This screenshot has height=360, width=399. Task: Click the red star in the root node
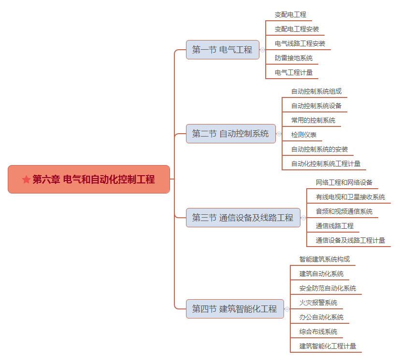point(26,179)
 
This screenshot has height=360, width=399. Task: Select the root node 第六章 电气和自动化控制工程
point(89,179)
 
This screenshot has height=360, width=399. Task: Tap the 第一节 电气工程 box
point(223,50)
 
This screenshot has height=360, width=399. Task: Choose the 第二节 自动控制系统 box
point(231,134)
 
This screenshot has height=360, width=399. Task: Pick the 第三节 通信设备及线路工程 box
point(243,218)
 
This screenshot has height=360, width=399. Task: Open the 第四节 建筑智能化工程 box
point(235,309)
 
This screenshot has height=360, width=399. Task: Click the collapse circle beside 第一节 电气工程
point(263,50)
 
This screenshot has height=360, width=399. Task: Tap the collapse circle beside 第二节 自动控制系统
point(279,134)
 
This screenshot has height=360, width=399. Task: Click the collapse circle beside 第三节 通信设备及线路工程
point(303,218)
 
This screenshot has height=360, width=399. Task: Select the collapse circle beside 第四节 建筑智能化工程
point(287,309)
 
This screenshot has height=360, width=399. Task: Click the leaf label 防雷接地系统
point(294,58)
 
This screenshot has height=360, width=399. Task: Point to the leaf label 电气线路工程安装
point(300,43)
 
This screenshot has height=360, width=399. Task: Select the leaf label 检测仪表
point(304,135)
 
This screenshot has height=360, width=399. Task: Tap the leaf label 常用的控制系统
point(313,120)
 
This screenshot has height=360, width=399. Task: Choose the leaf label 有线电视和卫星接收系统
point(350,197)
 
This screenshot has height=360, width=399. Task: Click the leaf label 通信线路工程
point(335,226)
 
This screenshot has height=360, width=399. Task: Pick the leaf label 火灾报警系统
point(318,303)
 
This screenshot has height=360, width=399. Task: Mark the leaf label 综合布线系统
point(318,332)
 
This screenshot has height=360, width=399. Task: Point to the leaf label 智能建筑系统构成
point(325,259)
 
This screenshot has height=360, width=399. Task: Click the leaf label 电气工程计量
point(294,72)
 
